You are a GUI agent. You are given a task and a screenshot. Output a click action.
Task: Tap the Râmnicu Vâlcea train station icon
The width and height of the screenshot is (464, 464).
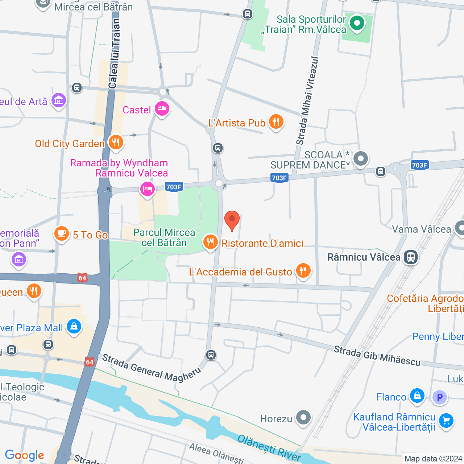tap(410, 257)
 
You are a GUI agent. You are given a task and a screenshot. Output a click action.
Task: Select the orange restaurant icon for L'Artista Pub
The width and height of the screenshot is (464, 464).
tap(276, 122)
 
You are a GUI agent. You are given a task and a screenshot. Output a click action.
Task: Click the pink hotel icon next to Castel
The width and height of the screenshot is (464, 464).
tap(162, 108)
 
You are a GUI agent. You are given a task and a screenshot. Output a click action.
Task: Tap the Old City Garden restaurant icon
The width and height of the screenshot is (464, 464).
tap(116, 142)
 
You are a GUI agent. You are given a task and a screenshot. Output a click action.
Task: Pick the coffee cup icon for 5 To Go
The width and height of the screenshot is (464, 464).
tap(62, 233)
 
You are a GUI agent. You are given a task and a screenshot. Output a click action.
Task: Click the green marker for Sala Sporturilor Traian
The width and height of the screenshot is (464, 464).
tap(357, 24)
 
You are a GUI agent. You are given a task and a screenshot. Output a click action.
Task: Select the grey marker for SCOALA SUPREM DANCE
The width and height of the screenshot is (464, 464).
tap(360, 159)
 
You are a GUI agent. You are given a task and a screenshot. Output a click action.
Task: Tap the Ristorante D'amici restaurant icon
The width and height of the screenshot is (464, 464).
tap(210, 242)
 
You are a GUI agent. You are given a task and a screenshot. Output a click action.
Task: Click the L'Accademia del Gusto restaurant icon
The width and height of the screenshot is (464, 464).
tap(303, 270)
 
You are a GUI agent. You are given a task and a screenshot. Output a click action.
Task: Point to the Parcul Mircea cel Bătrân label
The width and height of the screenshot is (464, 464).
tap(164, 237)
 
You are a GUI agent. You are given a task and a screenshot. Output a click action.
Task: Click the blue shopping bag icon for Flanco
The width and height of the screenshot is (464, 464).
tap(417, 396)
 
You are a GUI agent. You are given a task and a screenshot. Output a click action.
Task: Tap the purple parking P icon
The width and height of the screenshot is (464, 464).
tap(440, 397)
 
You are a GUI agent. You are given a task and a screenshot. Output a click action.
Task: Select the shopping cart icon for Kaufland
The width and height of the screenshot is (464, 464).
tap(446, 421)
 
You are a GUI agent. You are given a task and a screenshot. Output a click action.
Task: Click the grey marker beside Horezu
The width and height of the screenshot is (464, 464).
tap(303, 418)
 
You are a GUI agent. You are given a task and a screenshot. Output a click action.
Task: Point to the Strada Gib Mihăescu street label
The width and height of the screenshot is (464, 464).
tap(377, 356)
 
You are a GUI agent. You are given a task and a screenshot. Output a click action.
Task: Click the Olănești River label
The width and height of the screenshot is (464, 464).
tap(269, 448)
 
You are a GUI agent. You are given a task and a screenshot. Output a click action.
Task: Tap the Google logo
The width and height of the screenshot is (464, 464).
tap(24, 455)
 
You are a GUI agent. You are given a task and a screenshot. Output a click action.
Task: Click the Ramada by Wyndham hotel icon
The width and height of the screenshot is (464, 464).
tap(147, 188)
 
